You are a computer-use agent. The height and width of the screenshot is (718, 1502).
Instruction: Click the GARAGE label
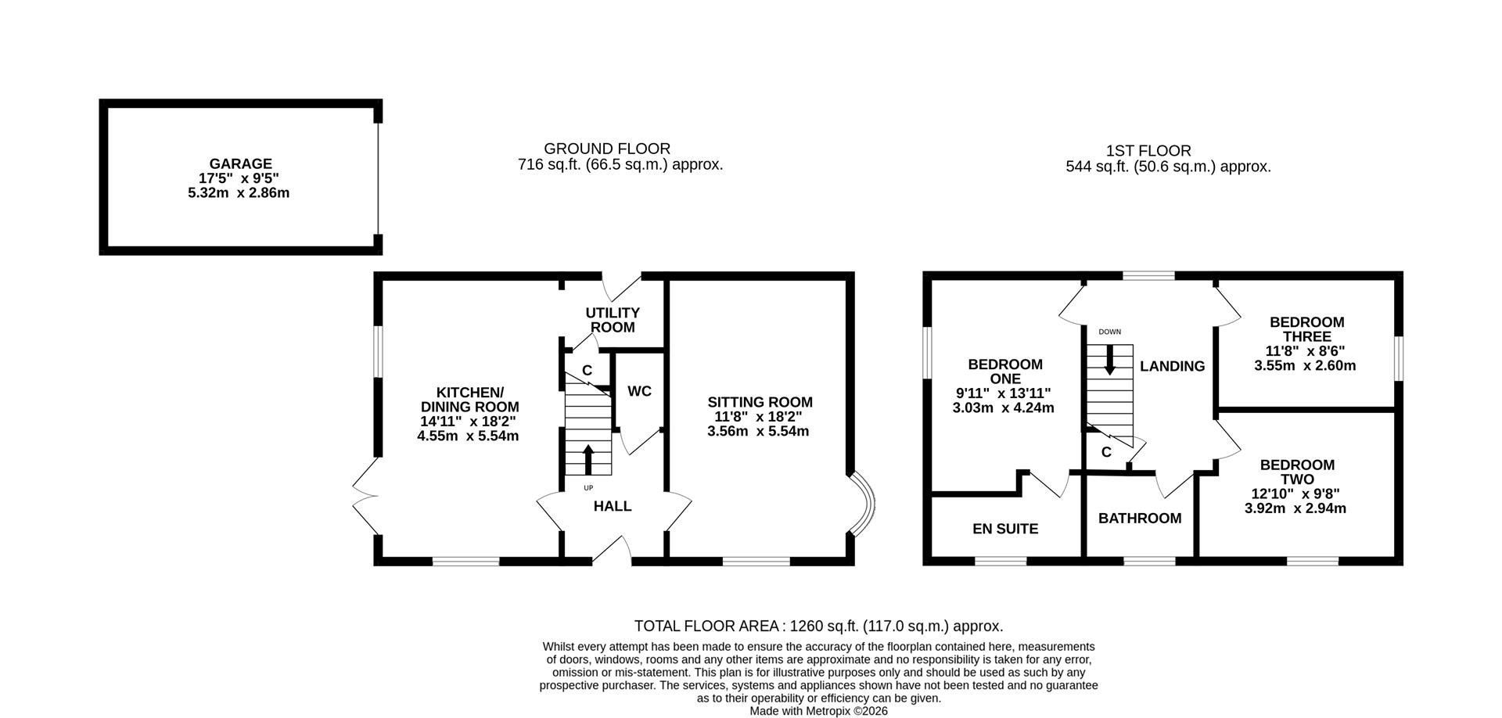tap(240, 163)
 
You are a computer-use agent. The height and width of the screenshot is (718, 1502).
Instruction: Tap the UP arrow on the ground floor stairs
tap(588, 460)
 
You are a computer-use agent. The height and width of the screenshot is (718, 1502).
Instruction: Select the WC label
tap(639, 391)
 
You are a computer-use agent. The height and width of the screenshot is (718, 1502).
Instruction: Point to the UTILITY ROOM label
tap(613, 320)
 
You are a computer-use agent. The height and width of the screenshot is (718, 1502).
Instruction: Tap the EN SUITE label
tap(1005, 529)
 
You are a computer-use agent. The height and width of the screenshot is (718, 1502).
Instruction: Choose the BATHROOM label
tap(1140, 519)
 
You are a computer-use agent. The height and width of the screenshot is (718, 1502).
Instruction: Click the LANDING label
tap(1172, 366)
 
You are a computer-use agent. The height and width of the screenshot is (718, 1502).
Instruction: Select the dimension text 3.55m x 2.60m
tap(1305, 365)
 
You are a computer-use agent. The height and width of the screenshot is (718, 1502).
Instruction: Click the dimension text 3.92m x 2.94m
tap(1295, 508)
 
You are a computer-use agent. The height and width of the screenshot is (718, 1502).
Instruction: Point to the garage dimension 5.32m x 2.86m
tap(239, 192)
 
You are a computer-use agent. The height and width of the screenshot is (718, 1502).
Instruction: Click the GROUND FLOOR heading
tap(607, 149)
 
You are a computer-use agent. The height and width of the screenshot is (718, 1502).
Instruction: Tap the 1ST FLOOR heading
tap(1148, 151)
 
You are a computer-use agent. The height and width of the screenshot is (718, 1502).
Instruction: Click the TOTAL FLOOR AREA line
tap(818, 626)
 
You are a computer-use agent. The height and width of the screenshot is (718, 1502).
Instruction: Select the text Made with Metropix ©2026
tap(818, 711)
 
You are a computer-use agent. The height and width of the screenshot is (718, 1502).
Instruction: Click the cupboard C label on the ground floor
tap(587, 370)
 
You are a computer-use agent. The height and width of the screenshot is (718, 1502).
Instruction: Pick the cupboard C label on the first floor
tap(1106, 452)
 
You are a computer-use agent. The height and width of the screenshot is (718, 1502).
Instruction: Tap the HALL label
tap(613, 506)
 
